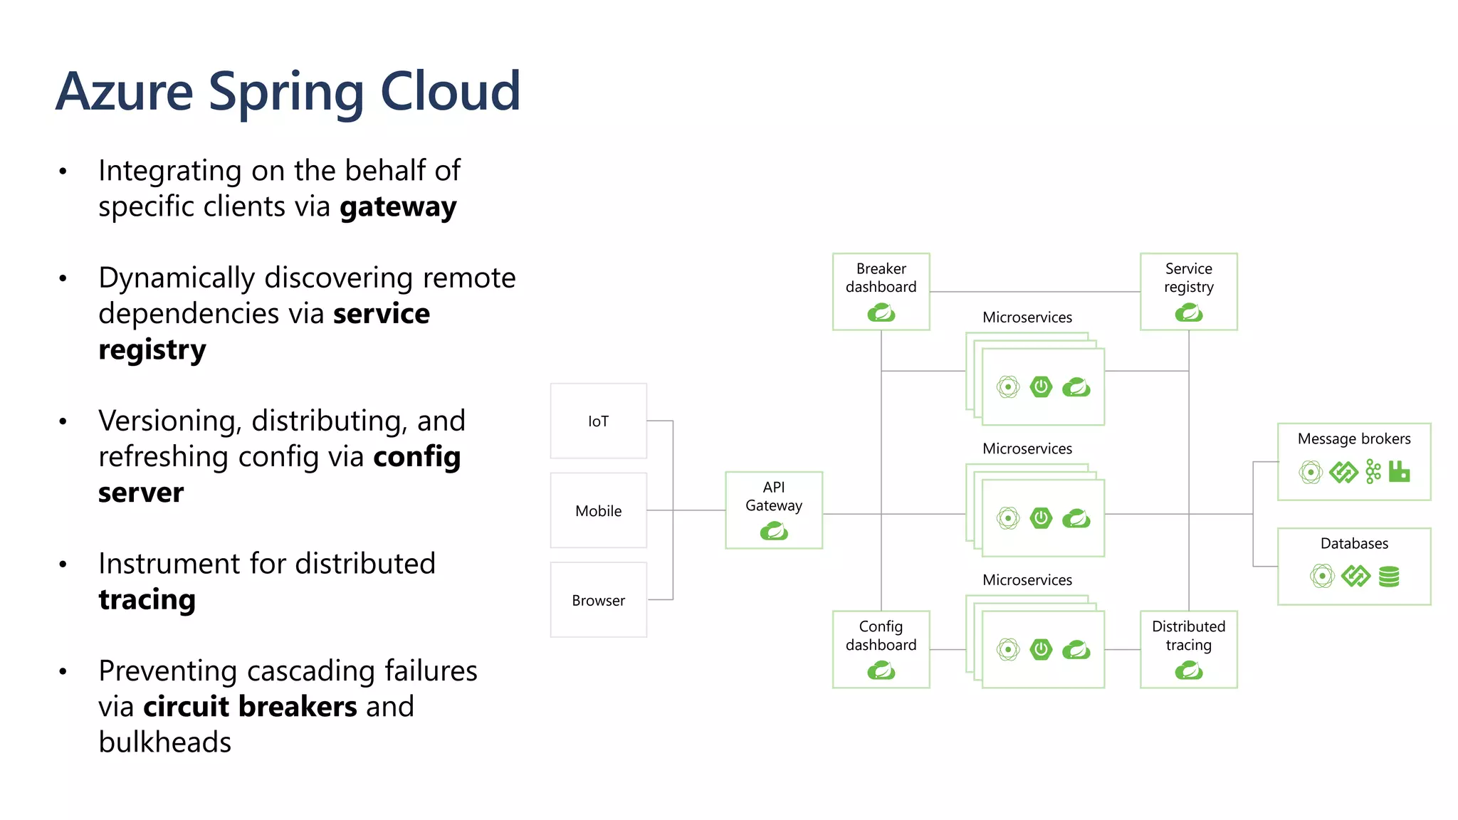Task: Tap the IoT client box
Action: [x=598, y=421]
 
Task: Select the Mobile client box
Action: [x=598, y=510]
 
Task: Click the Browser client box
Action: [x=598, y=600]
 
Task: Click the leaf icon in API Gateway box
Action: [x=774, y=531]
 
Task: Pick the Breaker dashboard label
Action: [x=881, y=278]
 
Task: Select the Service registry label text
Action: [x=1188, y=278]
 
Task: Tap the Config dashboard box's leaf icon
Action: [x=881, y=670]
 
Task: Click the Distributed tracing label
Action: [x=1188, y=636]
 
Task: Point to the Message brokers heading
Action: [x=1353, y=438]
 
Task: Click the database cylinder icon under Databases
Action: [x=1388, y=576]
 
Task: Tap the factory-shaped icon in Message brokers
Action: [x=1399, y=471]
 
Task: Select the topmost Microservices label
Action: [x=1027, y=317]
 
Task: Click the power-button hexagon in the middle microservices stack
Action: [x=1041, y=517]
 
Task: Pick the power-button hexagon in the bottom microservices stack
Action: [x=1041, y=649]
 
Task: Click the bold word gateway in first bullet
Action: [x=398, y=207]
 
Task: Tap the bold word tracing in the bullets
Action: [x=147, y=599]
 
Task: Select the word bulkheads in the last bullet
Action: [x=164, y=742]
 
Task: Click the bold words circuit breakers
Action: [x=250, y=707]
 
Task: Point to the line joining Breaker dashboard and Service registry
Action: [x=1034, y=292]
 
